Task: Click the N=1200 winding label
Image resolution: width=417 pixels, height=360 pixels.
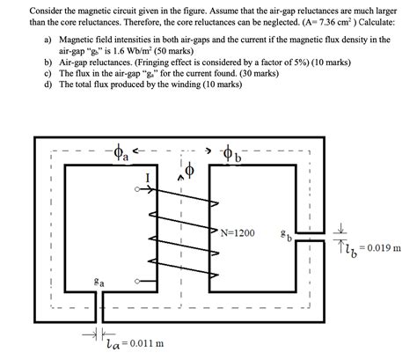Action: coord(237,233)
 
